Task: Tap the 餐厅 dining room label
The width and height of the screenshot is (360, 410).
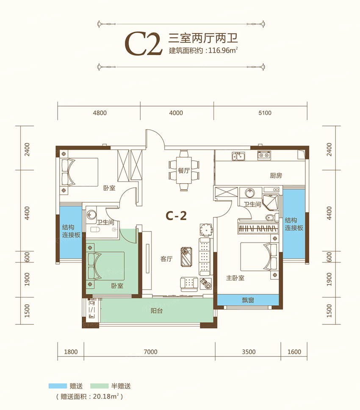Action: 183,171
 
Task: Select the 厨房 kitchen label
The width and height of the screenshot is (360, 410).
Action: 276,175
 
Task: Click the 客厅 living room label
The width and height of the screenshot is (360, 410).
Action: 166,259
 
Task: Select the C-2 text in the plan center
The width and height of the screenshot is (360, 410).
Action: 176,216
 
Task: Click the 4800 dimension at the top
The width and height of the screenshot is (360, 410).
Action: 99,113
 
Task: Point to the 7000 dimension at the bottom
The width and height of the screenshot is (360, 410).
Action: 150,351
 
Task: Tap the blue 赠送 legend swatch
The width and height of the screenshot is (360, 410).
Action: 58,386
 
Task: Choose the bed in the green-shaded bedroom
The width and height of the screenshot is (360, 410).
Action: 106,266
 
